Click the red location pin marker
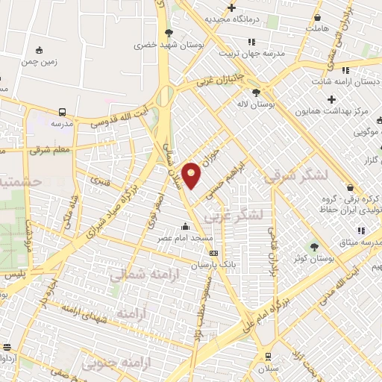pyautogui.click(x=192, y=176)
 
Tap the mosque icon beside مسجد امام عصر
pyautogui.click(x=186, y=225)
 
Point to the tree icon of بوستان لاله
pyautogui.click(x=257, y=93)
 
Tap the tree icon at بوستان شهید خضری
pyautogui.click(x=169, y=33)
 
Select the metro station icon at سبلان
pyautogui.click(x=267, y=357)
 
